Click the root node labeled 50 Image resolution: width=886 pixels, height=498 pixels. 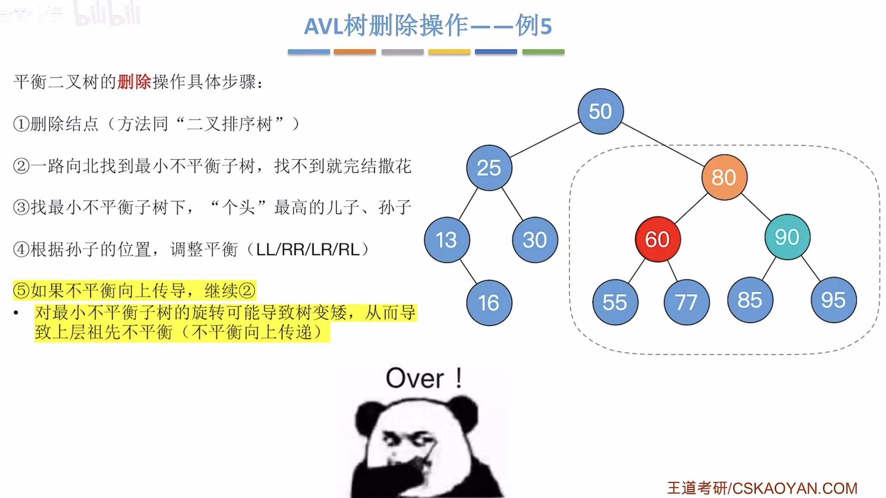pyautogui.click(x=600, y=111)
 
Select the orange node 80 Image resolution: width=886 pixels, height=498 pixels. pyautogui.click(x=724, y=177)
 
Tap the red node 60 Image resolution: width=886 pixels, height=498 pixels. pyautogui.click(x=657, y=239)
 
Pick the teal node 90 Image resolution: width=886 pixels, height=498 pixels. pyautogui.click(x=787, y=237)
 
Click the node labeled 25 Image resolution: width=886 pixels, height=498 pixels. pyautogui.click(x=489, y=168)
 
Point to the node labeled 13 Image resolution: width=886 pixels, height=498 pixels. pyautogui.click(x=446, y=240)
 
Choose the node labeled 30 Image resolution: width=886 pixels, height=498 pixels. pyautogui.click(x=535, y=240)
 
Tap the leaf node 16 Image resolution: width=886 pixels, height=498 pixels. pyautogui.click(x=489, y=303)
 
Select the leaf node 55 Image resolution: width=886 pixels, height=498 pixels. pyautogui.click(x=615, y=302)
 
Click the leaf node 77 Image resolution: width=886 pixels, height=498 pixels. pyautogui.click(x=686, y=302)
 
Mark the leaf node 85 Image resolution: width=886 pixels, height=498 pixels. pyautogui.click(x=750, y=300)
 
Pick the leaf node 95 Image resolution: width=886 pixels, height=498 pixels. pyautogui.click(x=833, y=300)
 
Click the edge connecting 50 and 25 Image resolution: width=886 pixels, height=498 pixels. pyautogui.click(x=545, y=139)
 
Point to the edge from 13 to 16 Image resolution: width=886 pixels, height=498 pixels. pyautogui.click(x=468, y=271)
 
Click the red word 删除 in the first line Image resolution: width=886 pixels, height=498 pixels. pyautogui.click(x=134, y=82)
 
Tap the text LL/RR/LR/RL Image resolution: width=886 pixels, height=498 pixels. pyautogui.click(x=308, y=249)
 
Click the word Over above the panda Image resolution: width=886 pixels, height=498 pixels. pyautogui.click(x=415, y=379)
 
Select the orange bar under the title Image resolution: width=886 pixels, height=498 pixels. pyautogui.click(x=355, y=52)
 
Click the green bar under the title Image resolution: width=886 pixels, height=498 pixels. pyautogui.click(x=543, y=52)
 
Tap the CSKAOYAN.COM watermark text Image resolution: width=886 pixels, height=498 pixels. pyautogui.click(x=794, y=488)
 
